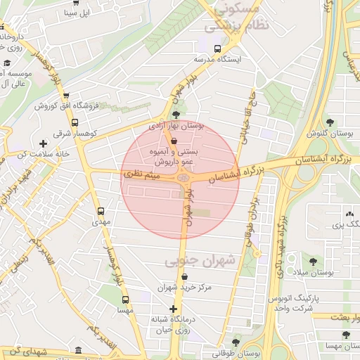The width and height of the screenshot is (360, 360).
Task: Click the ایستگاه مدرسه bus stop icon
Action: click(217, 50)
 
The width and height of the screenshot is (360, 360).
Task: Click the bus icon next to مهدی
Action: click(100, 211)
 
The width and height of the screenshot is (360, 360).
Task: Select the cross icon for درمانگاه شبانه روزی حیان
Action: click(174, 309)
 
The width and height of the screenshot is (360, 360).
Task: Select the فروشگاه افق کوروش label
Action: click(65, 105)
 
